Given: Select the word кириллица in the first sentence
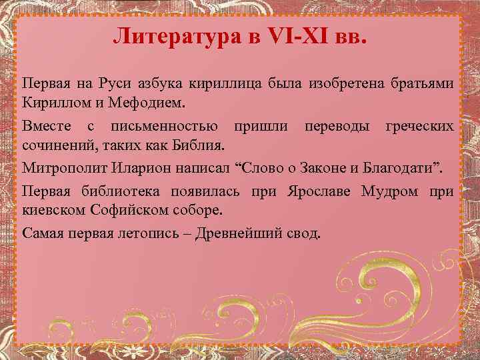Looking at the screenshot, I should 236,85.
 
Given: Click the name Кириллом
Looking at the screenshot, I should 53,105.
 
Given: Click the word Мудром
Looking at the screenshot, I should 390,192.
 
